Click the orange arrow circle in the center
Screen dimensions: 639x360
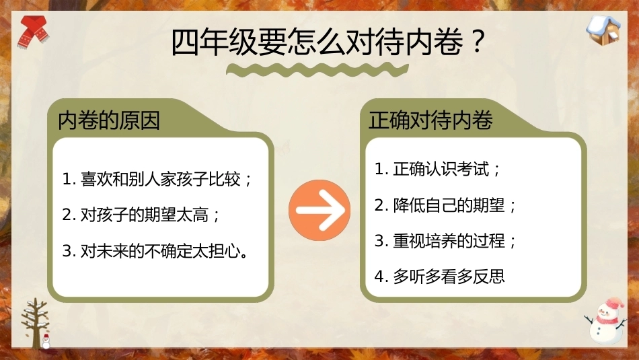coord(319,210)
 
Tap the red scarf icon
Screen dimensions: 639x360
coord(33,32)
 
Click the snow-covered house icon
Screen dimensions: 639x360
coord(603,30)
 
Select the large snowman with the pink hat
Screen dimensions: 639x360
coord(606,321)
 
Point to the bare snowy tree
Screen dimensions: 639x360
coord(35,322)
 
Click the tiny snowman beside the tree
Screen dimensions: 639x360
coord(46,342)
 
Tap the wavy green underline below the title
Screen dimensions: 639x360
coord(317,70)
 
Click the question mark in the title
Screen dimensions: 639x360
coord(477,41)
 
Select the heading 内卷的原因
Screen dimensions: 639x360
coord(109,120)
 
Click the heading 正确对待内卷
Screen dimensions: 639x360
coord(430,120)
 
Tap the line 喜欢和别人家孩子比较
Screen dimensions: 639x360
coord(161,180)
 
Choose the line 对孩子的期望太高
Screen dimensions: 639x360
coord(145,215)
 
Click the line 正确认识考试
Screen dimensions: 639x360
coord(441,169)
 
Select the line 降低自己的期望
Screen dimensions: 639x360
coord(449,205)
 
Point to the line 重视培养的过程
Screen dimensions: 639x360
coord(449,240)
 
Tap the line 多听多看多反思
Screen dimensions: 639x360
coord(449,277)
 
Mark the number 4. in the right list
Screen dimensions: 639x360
coord(381,277)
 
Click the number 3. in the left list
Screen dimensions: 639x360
coord(69,251)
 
